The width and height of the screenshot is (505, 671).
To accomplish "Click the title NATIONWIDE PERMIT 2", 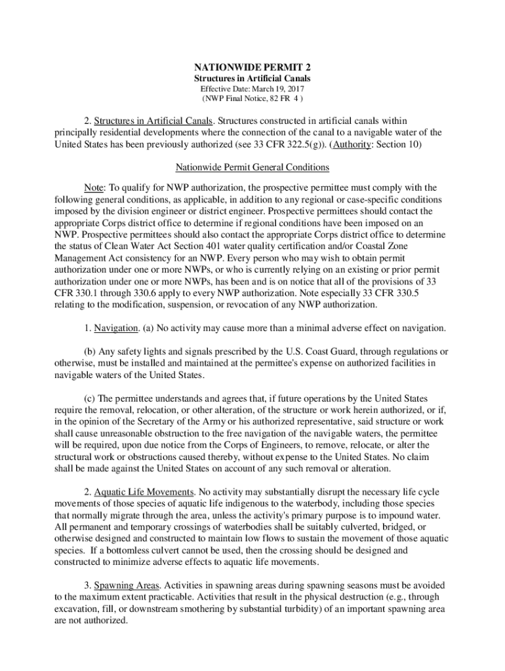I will pyautogui.click(x=252, y=67).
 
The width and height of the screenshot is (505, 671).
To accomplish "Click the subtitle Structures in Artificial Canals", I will pyautogui.click(x=252, y=78).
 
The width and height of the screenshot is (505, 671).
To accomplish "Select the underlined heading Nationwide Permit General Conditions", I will pyautogui.click(x=252, y=167).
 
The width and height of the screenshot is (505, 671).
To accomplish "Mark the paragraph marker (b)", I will pyautogui.click(x=91, y=352).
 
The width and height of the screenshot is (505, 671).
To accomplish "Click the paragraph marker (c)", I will pyautogui.click(x=91, y=398).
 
